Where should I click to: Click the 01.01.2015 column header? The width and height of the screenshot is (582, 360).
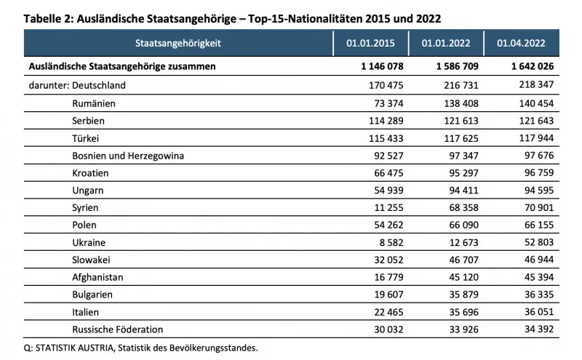(370, 43)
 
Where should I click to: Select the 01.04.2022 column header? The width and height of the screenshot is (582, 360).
(521, 43)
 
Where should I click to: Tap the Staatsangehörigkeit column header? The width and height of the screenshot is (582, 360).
(178, 43)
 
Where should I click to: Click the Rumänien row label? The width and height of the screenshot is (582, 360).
(94, 103)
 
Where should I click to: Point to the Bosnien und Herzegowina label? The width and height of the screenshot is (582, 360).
(128, 156)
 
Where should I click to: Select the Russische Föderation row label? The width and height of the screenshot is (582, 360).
(118, 329)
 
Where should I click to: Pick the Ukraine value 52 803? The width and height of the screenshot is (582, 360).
(539, 242)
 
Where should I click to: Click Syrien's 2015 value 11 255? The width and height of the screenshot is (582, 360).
(388, 207)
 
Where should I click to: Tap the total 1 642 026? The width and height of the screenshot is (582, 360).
(533, 66)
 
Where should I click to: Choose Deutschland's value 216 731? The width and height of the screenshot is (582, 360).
(461, 85)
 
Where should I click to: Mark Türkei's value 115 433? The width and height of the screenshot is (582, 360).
(386, 138)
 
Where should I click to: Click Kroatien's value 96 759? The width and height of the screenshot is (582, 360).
(539, 173)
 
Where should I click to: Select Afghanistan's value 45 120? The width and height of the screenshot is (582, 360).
(463, 277)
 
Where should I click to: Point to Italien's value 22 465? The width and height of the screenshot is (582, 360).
(388, 312)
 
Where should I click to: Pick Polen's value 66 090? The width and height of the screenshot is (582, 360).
(463, 225)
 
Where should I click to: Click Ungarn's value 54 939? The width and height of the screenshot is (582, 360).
(388, 191)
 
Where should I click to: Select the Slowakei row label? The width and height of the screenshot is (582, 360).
(91, 260)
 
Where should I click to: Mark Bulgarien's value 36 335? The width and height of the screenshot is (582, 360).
(539, 295)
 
